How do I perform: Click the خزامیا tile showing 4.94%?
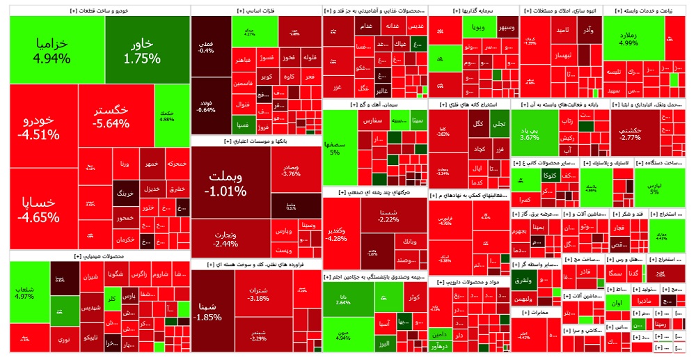52,50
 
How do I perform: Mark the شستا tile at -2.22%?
388,216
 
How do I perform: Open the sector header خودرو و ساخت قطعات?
97,11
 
